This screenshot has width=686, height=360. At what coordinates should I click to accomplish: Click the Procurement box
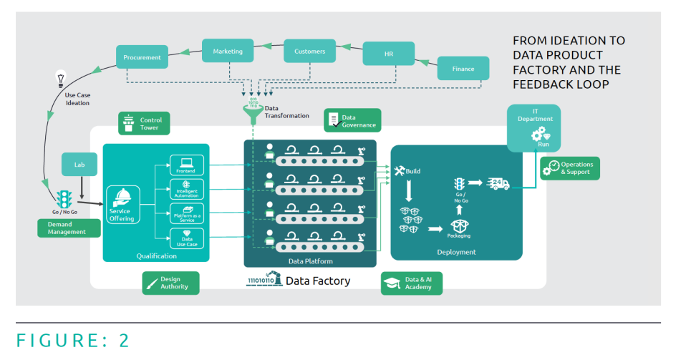pos(142,57)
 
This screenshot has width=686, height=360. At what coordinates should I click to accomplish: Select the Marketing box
pos(228,52)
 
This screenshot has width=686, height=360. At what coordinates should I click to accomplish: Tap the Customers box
pos(309,52)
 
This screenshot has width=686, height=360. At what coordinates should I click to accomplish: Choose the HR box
pos(388,54)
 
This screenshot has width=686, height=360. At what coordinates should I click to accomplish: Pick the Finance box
pos(463,69)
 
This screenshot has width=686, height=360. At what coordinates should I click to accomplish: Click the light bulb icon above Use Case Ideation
pos(62,77)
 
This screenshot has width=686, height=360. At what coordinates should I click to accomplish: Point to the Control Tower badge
pos(144,123)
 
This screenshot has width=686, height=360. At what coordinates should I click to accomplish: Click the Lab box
pos(79,164)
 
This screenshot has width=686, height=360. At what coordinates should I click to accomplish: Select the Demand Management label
pos(67,228)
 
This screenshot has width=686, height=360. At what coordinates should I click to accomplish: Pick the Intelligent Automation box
pos(186,190)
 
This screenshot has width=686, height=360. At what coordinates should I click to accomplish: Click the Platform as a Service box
pos(186,213)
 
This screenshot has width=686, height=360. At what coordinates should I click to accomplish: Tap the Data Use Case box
pos(186,238)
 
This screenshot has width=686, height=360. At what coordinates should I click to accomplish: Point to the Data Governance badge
pos(352,120)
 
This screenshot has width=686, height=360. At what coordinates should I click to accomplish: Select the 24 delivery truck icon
pos(498,183)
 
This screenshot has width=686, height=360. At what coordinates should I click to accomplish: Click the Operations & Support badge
pos(570,168)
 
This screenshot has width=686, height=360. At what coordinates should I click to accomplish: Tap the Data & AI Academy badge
pos(411,283)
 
